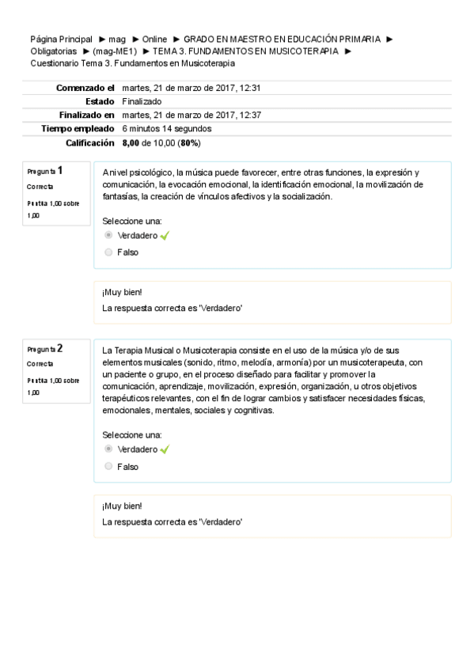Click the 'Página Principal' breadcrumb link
(61, 39)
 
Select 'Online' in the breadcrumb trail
(154, 39)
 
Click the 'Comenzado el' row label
(85, 88)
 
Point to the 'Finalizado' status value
(142, 101)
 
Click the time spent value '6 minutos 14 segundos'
(167, 128)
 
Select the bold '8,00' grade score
(131, 142)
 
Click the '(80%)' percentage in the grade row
(190, 142)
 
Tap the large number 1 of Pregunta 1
(60, 170)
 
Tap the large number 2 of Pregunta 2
(60, 347)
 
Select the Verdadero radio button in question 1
(108, 236)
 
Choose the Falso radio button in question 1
(108, 252)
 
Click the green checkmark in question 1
(165, 236)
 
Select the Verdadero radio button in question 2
(108, 449)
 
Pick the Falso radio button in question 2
(108, 467)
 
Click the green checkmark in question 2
(165, 449)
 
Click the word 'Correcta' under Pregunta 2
(40, 364)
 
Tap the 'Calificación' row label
(91, 142)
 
